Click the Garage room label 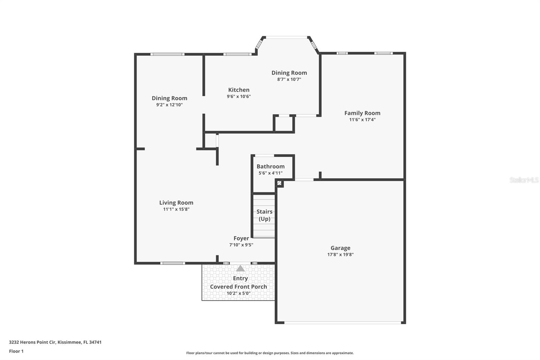tap(341, 248)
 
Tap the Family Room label tap(362, 113)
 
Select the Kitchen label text tap(239, 90)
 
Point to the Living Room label tap(176, 203)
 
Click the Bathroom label tap(270, 166)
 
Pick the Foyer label tap(241, 238)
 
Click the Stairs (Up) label tap(265, 215)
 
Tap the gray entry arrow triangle tap(240, 268)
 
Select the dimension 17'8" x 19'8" tap(341, 255)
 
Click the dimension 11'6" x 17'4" tap(362, 120)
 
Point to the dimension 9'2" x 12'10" tap(169, 105)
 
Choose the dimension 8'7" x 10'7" tap(289, 79)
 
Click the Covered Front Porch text tap(238, 287)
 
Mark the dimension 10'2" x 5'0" tap(238, 293)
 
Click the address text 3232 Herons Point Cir tap(32, 342)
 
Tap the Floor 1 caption tap(16, 351)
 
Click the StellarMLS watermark tap(524, 180)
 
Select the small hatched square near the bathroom tap(279, 183)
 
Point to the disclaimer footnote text tap(270, 353)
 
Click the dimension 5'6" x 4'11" tap(270, 173)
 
